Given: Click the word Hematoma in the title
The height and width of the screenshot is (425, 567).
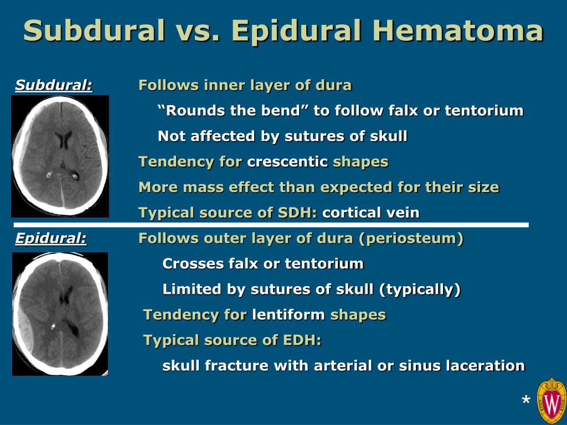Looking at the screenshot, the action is (458, 31).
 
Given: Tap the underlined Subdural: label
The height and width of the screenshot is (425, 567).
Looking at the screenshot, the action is (54, 85).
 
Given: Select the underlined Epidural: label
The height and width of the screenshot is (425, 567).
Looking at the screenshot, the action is (50, 239).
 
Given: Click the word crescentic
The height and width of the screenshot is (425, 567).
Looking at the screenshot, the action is (287, 162).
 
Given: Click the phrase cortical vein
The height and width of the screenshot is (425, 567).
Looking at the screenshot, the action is (370, 212).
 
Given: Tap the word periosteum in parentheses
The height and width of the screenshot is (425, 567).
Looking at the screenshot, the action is (411, 239).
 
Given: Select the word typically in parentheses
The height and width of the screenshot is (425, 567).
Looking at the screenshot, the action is (420, 289).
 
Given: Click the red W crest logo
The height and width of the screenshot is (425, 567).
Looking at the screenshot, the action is (551, 401).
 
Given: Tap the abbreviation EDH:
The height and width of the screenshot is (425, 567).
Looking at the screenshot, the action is (302, 340).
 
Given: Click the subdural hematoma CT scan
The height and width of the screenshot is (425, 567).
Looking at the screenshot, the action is (60, 156).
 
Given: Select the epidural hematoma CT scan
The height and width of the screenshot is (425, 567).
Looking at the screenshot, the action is (60, 314).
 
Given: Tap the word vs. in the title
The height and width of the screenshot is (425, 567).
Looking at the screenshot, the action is (198, 31).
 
